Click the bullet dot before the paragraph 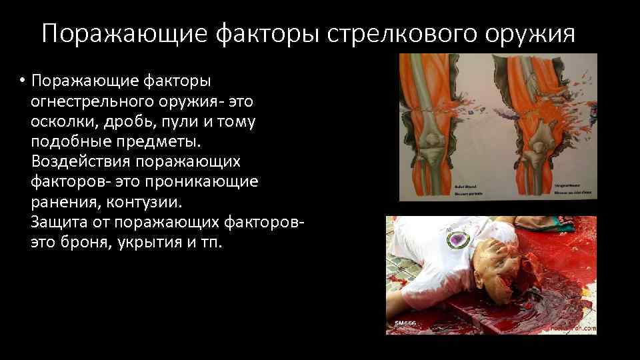(22, 81)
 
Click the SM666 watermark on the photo (405, 323)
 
